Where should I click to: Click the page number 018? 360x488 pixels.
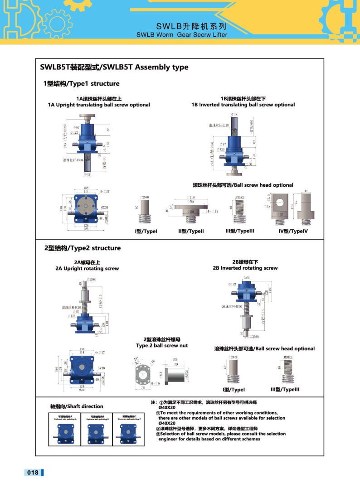point(33,473)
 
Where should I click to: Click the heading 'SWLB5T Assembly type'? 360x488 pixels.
point(114,68)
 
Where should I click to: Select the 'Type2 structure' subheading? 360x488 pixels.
point(82,248)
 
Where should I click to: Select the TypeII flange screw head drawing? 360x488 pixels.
point(190,209)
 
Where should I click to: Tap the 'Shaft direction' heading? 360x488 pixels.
point(77,406)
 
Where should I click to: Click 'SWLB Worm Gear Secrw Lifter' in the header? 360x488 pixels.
point(182,34)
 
